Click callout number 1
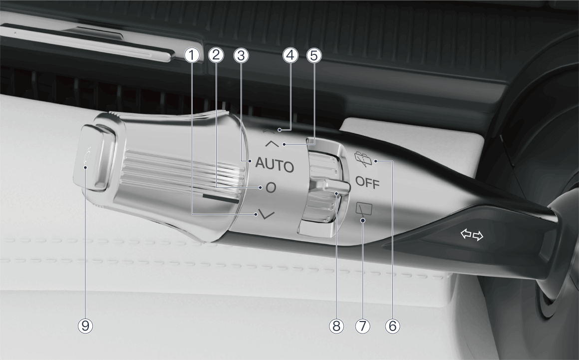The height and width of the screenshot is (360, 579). click(192, 55)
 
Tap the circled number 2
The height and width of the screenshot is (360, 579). click(216, 55)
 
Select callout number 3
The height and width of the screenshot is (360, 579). click(241, 55)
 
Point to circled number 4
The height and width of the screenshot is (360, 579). click(290, 55)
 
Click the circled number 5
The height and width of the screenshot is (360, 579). click(314, 55)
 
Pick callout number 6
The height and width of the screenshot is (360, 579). click(392, 326)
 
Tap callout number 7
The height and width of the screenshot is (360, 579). click(362, 326)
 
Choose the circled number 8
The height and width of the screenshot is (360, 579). click(336, 326)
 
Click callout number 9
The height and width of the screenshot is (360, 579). click(85, 326)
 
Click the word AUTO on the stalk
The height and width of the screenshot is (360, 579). click(275, 165)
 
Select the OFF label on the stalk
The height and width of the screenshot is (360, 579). click(367, 183)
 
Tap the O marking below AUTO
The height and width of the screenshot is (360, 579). click(271, 188)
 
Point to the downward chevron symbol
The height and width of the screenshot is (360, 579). click(267, 214)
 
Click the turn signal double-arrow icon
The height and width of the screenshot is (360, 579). click(472, 235)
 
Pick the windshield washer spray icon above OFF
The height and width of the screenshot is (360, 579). click(364, 159)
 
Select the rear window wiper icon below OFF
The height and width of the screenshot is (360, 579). click(364, 210)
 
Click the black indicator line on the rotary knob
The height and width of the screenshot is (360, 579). click(221, 199)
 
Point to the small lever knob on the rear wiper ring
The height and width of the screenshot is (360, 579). click(330, 186)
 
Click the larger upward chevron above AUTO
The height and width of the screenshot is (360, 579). click(272, 144)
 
